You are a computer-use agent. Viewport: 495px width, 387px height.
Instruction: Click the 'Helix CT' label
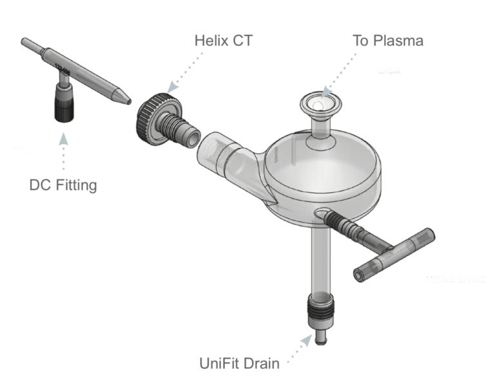[x=224, y=41]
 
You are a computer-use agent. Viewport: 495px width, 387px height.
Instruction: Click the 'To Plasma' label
[x=387, y=41]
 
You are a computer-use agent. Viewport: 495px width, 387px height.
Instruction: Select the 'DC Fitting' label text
[x=63, y=185]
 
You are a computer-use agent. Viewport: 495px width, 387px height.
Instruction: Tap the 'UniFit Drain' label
[x=238, y=363]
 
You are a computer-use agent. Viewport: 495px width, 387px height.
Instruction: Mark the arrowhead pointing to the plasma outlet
[x=328, y=91]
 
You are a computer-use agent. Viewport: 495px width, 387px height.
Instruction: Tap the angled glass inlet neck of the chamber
[x=226, y=155]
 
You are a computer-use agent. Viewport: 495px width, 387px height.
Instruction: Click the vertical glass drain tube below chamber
[x=320, y=258]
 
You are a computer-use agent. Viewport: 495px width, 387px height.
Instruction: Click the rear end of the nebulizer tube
[x=26, y=43]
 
